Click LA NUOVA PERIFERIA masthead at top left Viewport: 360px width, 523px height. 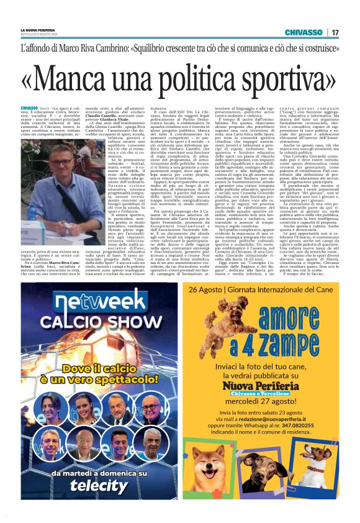click(37, 30)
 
